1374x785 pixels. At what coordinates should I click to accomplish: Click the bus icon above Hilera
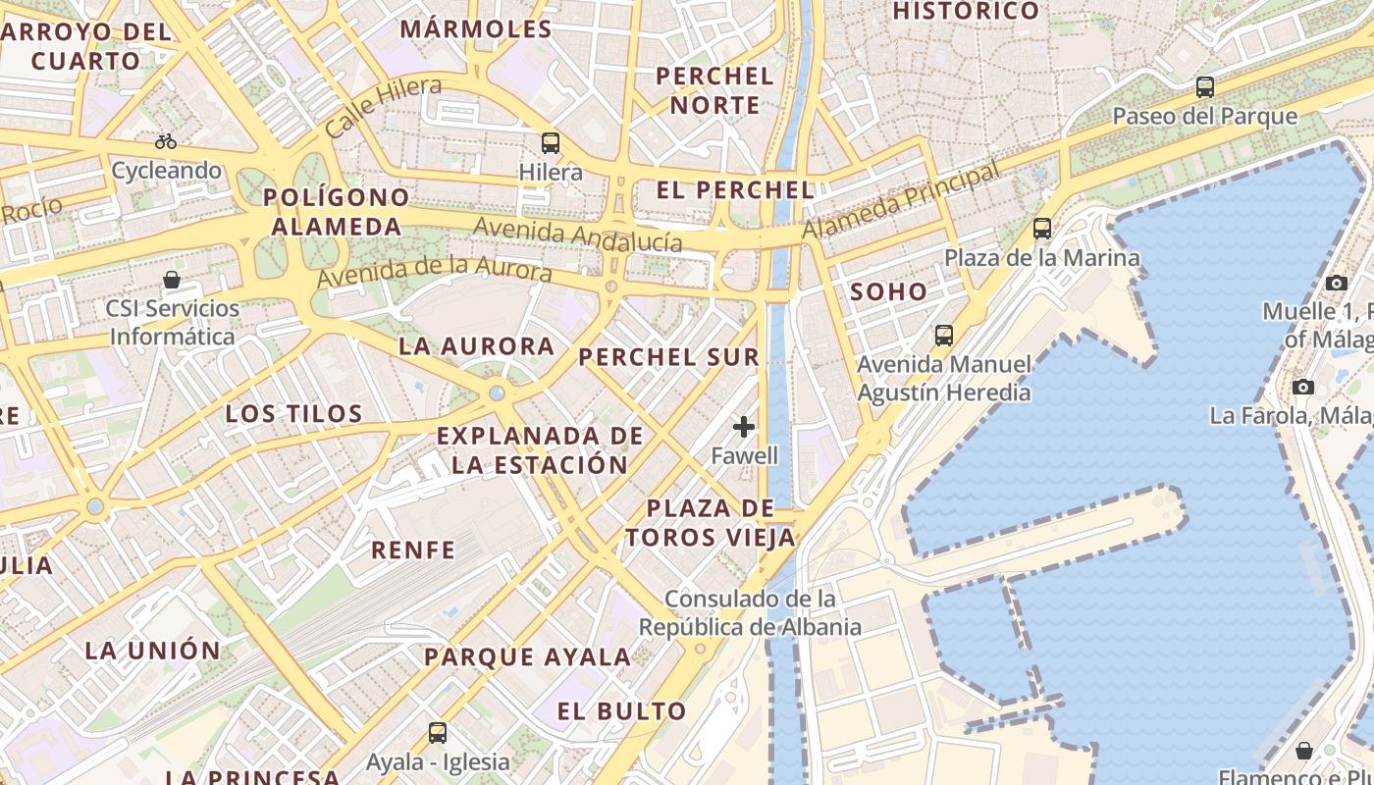click(551, 143)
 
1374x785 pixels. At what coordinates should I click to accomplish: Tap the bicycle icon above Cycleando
click(166, 141)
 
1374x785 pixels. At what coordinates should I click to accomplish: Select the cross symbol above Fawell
click(744, 427)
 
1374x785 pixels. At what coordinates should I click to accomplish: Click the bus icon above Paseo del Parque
click(1205, 87)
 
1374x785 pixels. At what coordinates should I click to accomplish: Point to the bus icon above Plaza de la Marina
click(1042, 229)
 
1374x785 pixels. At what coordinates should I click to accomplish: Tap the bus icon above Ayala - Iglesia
click(438, 733)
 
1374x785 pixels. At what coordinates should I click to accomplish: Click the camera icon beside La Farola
click(1303, 387)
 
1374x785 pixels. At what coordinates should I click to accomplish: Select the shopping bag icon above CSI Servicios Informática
click(172, 280)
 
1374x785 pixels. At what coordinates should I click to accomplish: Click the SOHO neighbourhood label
click(888, 291)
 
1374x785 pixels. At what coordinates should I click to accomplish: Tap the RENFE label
click(413, 549)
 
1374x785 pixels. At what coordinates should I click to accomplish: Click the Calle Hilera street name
click(383, 106)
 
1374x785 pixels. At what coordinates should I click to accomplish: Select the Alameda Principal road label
click(902, 200)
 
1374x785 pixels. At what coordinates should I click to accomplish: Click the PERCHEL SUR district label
click(669, 357)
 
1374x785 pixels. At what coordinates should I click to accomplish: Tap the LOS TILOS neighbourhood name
click(294, 413)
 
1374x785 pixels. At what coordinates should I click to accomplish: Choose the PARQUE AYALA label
click(527, 657)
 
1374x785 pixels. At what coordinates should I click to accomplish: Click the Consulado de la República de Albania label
click(750, 612)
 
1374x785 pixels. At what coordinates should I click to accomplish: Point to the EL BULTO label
click(622, 711)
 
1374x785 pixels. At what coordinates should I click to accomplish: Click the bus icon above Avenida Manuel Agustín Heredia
click(944, 336)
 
